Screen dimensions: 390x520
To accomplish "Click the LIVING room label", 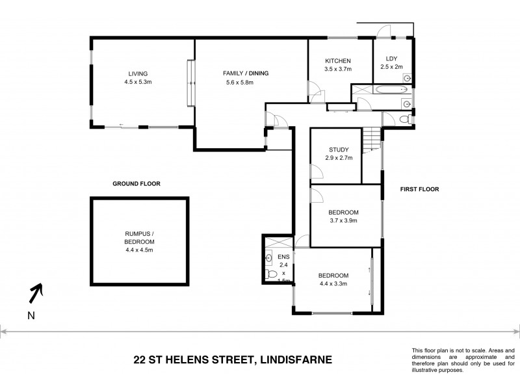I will tap(137, 73).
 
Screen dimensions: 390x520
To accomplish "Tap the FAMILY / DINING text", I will tap(246, 73).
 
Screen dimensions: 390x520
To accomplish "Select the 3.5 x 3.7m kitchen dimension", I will tap(338, 69).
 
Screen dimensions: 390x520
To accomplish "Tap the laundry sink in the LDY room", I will tap(407, 77).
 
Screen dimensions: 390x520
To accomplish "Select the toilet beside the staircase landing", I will tap(404, 119).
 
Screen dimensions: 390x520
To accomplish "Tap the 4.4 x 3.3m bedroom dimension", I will tap(334, 283).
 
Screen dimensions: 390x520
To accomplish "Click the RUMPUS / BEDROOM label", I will tap(140, 240).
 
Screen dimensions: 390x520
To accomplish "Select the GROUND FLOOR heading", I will tap(136, 184).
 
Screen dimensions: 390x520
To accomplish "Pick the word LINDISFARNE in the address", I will tap(294, 358).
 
